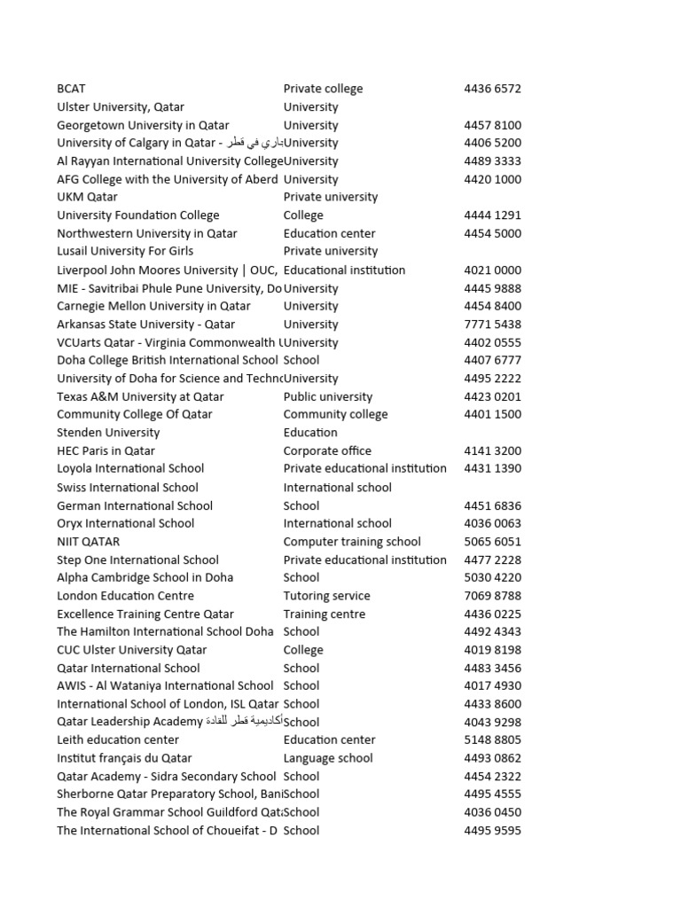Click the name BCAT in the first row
pos(71,89)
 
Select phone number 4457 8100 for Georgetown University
pos(492,125)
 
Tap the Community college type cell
pos(335,414)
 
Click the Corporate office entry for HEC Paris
pos(327,450)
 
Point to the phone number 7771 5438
pos(492,325)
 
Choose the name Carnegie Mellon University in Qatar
pos(153,306)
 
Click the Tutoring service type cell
pos(326,596)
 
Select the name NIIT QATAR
pos(88,542)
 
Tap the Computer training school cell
pos(352,542)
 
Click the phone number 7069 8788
pos(492,596)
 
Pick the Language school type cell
pos(328,758)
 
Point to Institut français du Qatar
pos(124,758)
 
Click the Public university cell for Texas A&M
pos(328,396)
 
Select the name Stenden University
pos(108,433)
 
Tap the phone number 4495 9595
pos(492,831)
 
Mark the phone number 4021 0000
pos(492,270)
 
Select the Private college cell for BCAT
pos(323,89)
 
